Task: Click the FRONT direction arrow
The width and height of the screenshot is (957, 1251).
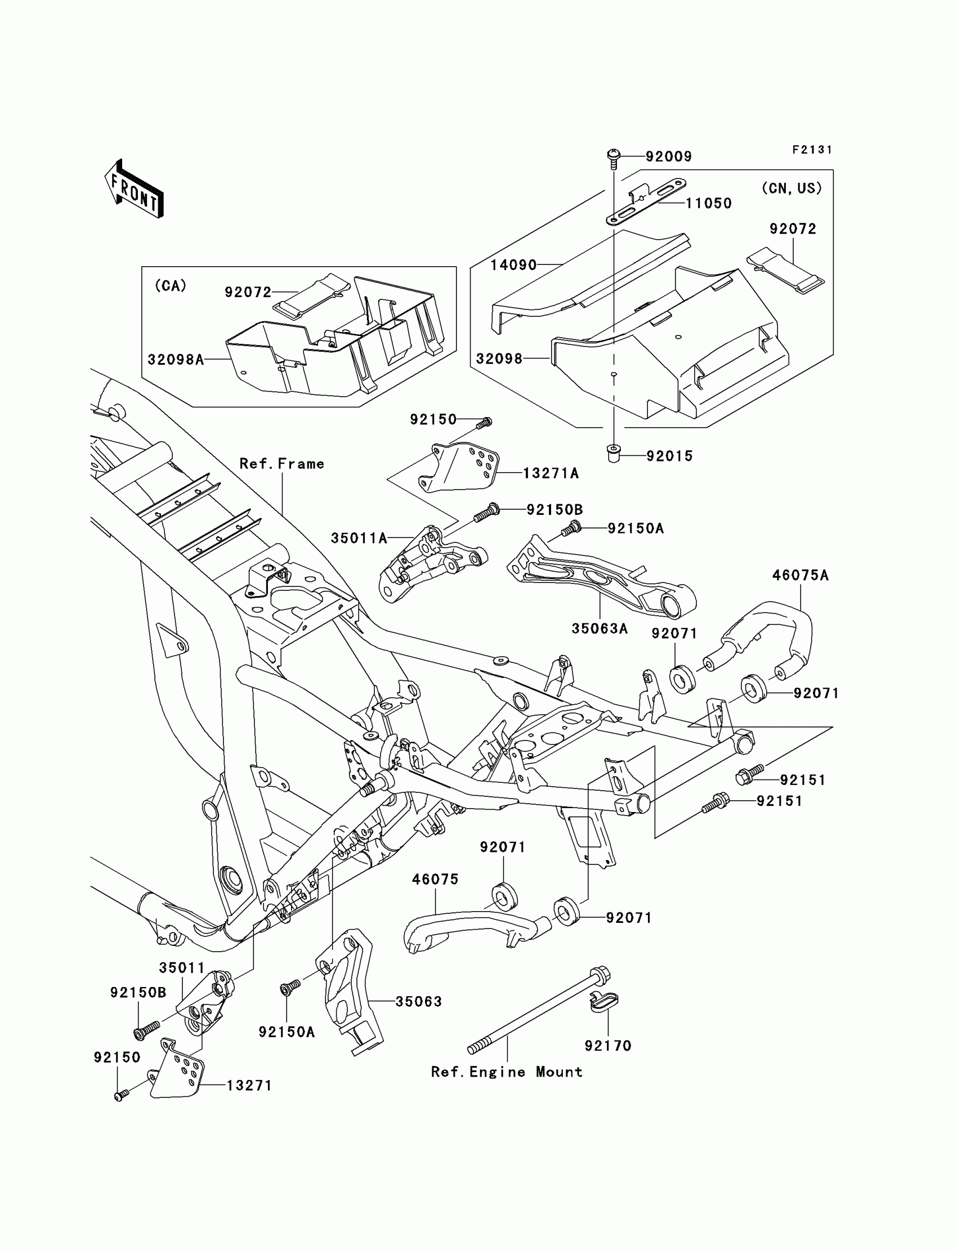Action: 135,189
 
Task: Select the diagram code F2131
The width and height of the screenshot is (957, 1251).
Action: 812,150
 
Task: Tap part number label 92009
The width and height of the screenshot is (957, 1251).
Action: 669,156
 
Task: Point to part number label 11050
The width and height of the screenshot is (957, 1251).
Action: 709,203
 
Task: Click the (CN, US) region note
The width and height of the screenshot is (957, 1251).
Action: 792,189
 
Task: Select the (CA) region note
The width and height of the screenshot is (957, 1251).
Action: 171,286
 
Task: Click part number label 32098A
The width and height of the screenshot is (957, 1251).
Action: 176,360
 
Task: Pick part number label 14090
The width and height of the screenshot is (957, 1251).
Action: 514,265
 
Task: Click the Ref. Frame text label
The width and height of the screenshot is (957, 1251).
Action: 281,464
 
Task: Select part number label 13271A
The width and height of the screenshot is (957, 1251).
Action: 551,473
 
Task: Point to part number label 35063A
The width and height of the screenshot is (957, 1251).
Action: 600,629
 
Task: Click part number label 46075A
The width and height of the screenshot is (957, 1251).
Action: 801,576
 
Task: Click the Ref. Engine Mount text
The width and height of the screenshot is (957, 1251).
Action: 507,1072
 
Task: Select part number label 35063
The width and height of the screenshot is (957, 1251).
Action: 419,1002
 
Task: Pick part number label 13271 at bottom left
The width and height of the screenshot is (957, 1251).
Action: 249,1086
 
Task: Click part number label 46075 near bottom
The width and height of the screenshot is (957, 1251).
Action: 435,880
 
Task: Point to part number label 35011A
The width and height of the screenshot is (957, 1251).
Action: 359,538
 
